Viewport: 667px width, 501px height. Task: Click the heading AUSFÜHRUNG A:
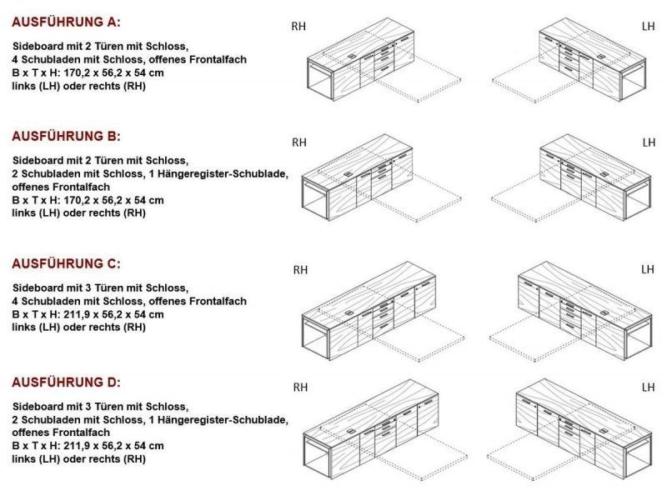[x=66, y=23]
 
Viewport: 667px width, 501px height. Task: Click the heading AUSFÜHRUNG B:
[x=66, y=136]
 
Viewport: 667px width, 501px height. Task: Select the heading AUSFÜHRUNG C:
[x=66, y=263]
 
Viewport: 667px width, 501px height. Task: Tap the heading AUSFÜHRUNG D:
[x=66, y=383]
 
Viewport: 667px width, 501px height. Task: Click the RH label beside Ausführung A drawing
[x=298, y=27]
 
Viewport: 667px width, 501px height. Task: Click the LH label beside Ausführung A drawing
[x=649, y=27]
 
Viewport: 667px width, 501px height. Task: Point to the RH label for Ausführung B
[x=299, y=143]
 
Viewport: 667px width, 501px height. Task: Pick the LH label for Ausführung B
[x=649, y=143]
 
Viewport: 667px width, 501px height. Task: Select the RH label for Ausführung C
[x=300, y=270]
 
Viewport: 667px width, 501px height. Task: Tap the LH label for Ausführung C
[x=648, y=269]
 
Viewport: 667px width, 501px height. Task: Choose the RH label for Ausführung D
[x=300, y=388]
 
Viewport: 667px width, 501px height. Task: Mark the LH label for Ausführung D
[x=649, y=387]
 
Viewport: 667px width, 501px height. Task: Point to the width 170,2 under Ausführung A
[x=78, y=73]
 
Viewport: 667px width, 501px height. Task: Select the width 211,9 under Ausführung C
[x=78, y=315]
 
